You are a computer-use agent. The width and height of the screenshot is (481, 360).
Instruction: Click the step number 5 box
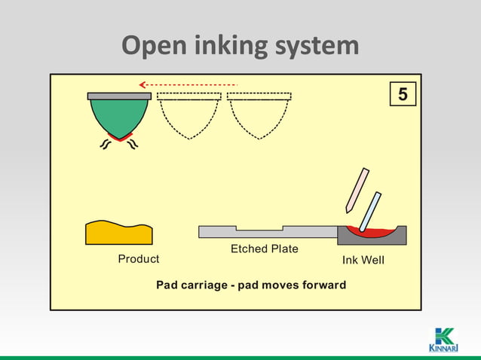403,96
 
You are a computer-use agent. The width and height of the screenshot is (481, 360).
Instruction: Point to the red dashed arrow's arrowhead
142,84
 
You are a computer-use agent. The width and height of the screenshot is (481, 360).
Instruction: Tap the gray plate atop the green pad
119,96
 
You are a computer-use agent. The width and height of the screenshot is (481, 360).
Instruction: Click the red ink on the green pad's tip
119,137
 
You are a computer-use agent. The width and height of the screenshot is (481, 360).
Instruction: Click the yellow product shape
118,233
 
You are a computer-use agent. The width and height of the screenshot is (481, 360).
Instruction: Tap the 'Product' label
139,259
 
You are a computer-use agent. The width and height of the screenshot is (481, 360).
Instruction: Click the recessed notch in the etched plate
259,228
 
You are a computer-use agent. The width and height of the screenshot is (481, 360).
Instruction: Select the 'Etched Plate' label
264,249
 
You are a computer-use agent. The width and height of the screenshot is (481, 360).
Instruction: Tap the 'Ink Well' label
363,260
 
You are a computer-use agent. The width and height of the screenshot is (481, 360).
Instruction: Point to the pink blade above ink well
357,190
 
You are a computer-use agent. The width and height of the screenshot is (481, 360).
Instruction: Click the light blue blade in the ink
370,212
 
